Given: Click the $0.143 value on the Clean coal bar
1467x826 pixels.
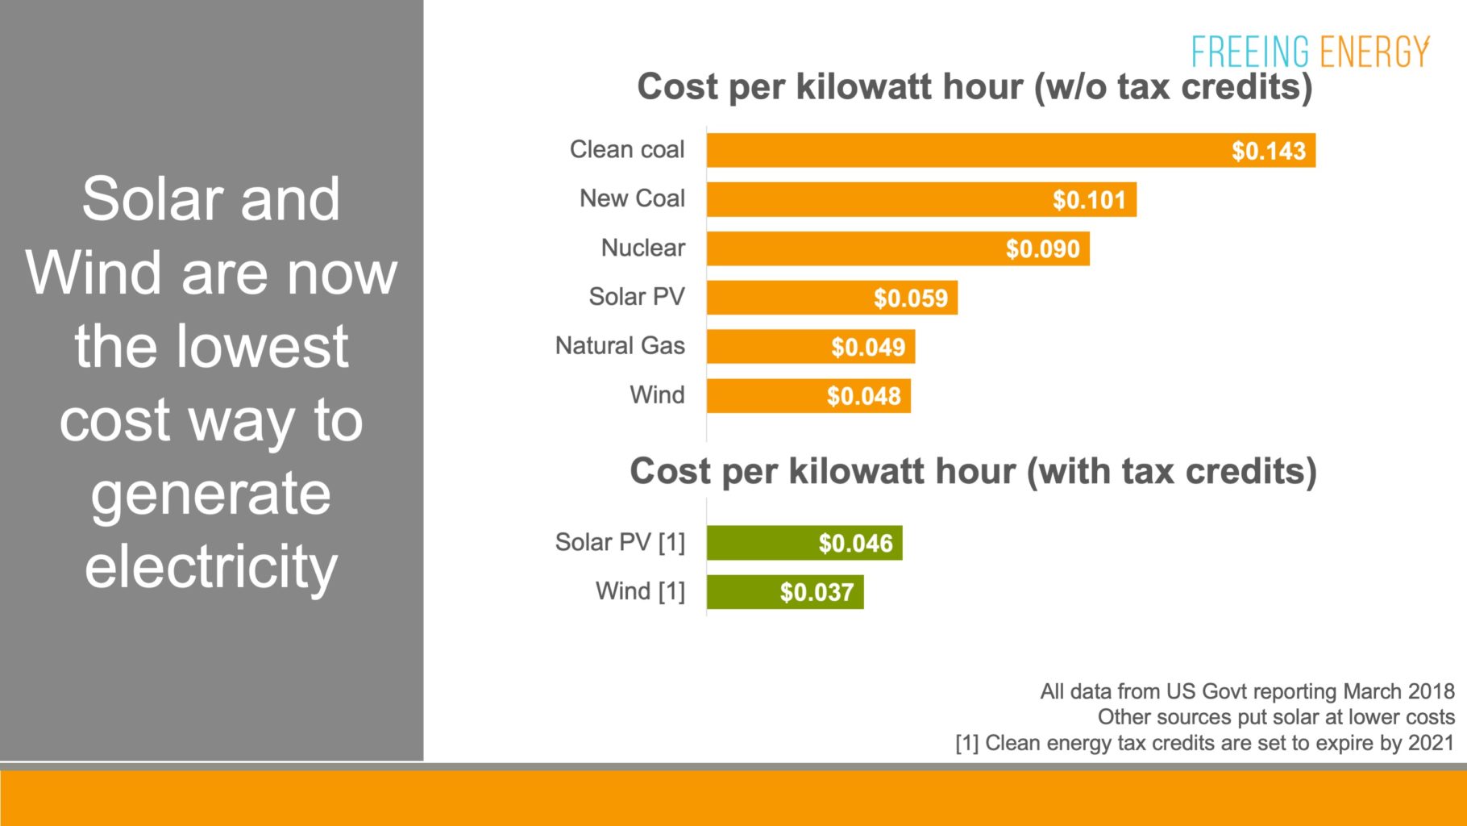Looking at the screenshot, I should (x=1268, y=151).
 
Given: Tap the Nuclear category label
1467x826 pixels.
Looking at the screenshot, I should (x=642, y=248).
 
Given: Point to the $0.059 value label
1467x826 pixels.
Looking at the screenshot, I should (x=910, y=298).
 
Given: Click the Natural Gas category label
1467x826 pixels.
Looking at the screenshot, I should (x=620, y=346).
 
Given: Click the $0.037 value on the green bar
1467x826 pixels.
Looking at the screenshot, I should (x=816, y=593).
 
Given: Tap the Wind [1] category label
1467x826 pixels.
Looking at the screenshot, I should (x=640, y=591).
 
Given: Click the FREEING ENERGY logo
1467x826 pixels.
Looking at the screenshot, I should (x=1310, y=52).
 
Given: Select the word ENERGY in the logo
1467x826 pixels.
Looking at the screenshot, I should (x=1374, y=52).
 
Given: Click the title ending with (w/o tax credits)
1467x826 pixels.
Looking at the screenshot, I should (x=974, y=87).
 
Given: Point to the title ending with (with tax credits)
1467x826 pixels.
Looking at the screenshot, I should (x=973, y=472).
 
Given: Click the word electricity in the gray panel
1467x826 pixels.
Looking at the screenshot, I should (x=211, y=567).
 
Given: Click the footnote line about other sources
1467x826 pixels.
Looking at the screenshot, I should (x=1275, y=717).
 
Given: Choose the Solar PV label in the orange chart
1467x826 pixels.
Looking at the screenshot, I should (x=636, y=297).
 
